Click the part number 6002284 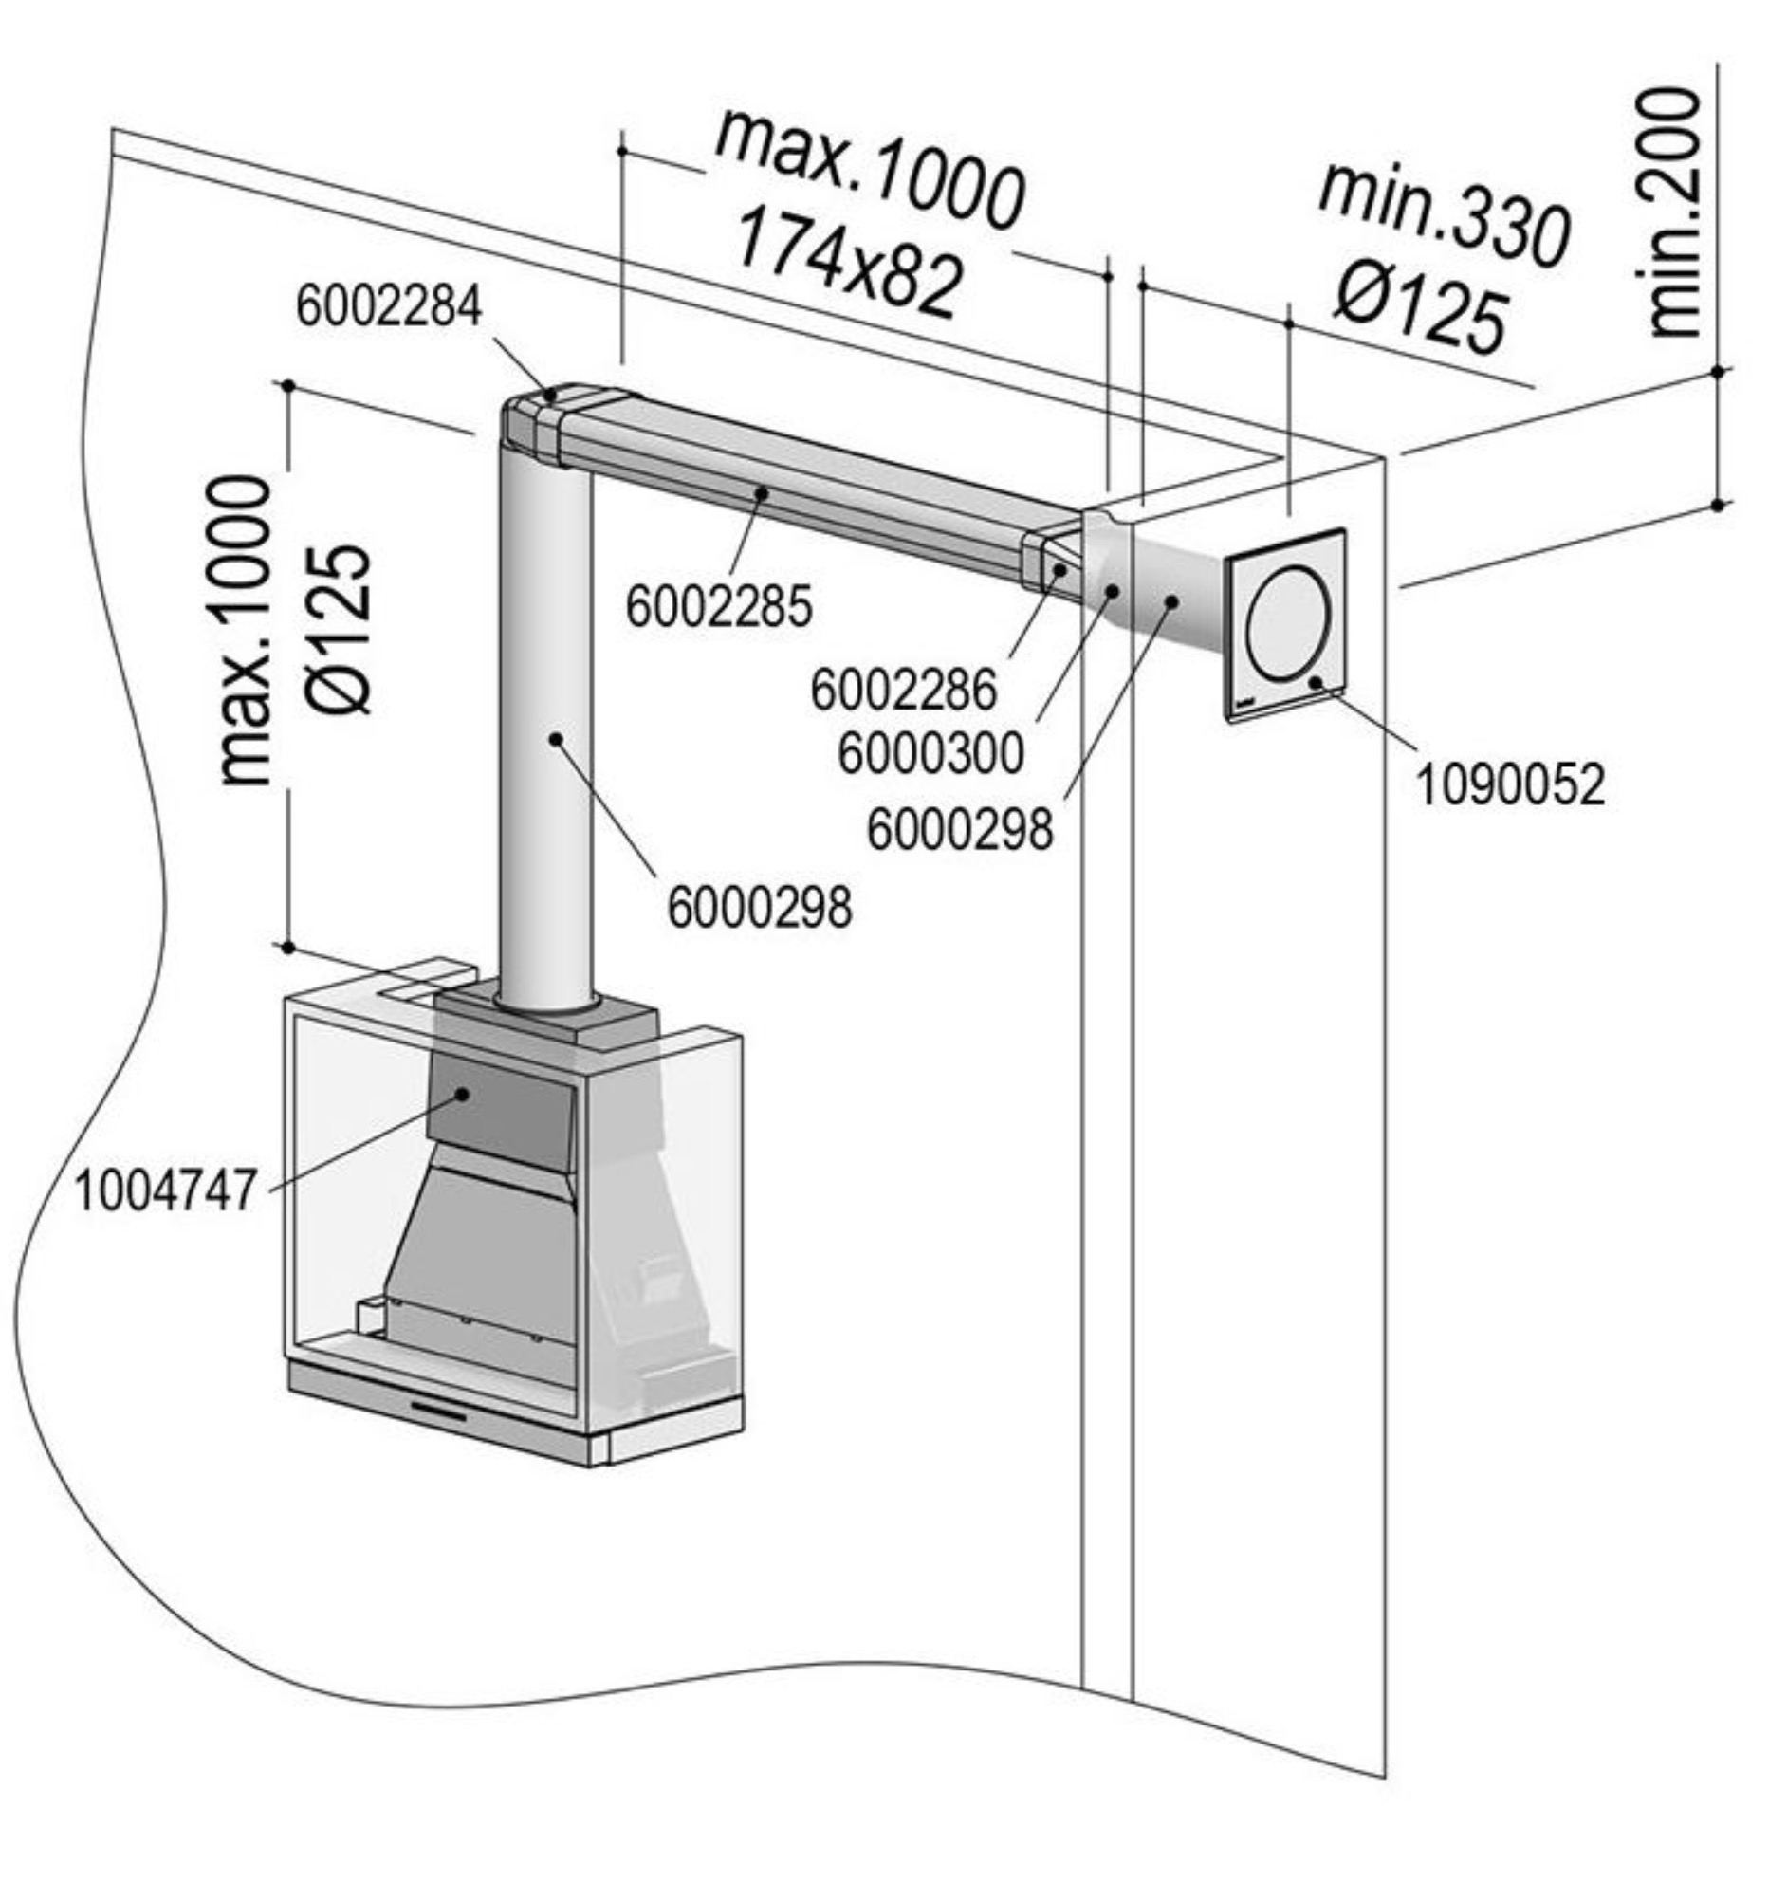[x=389, y=306]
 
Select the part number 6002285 [x=719, y=606]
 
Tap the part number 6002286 [x=903, y=690]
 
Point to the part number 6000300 [x=930, y=753]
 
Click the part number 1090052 [x=1511, y=784]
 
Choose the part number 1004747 [x=166, y=1190]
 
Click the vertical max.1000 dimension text [x=245, y=632]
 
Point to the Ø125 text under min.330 [x=1420, y=307]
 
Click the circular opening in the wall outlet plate [x=1287, y=623]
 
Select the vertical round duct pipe [x=543, y=724]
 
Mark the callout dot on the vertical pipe [x=556, y=738]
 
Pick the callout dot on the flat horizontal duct [x=762, y=492]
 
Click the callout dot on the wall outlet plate [x=1316, y=681]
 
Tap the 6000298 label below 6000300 [x=959, y=830]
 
